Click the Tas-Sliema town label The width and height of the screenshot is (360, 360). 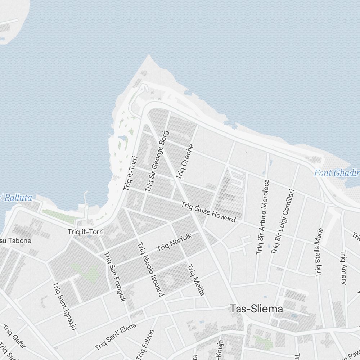tap(256, 309)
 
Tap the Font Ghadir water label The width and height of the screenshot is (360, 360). tap(337, 173)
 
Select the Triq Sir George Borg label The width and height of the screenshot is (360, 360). tap(155, 161)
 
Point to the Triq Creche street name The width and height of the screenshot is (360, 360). tap(185, 162)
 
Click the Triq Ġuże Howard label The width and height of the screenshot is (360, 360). tap(208, 212)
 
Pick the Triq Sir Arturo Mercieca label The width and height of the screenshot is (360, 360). tap(262, 217)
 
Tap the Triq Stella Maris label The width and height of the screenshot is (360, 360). tap(319, 252)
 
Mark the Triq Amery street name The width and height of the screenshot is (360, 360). tap(343, 267)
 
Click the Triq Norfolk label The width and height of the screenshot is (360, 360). tap(175, 242)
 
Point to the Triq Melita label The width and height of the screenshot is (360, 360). tap(195, 280)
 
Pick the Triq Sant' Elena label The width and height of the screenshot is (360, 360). tap(116, 337)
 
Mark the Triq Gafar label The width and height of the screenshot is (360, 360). tap(14, 336)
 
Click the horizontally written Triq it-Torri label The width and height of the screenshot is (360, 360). tap(85, 232)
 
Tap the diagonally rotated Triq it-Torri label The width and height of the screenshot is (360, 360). tap(130, 173)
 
